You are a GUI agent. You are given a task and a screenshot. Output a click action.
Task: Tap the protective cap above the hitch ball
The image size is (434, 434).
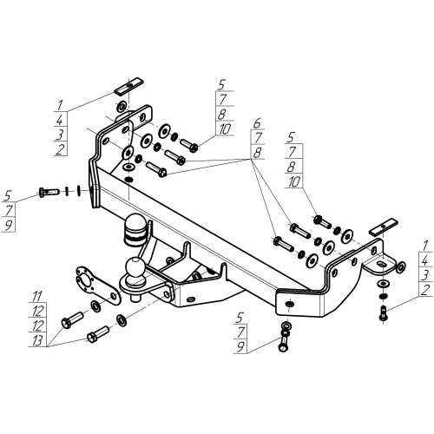coord(136,230)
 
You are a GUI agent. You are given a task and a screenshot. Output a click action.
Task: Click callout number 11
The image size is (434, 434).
coord(37,296)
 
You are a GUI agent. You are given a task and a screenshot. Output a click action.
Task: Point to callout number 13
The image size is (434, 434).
coord(37,340)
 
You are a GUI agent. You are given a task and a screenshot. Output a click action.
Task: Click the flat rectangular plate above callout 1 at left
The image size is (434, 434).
coord(128,86)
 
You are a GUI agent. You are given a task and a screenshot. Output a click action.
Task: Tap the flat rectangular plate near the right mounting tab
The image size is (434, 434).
coord(383,227)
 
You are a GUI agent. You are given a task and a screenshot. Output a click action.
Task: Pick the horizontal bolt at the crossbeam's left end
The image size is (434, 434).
coord(49,192)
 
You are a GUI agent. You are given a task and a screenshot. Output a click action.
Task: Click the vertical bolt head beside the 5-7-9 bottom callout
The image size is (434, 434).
coord(283,346)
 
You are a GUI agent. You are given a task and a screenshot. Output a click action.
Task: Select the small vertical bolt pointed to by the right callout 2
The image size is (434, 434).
coord(383,313)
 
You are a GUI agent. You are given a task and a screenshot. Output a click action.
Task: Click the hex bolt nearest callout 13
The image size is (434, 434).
coord(98,334)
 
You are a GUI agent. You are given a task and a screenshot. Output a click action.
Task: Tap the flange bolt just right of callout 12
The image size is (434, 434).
coord(72,319)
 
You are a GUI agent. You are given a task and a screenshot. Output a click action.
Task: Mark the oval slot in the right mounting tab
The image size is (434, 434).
coord(382,264)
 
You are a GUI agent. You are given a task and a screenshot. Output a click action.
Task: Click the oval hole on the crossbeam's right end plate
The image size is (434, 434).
coord(290,304)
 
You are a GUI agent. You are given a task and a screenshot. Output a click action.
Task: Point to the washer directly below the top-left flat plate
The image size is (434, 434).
coord(122,106)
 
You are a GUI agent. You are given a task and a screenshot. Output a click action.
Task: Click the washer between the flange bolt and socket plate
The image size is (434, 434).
coord(95,306)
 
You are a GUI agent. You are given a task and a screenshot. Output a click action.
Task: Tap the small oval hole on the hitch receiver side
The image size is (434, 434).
coord(191,299)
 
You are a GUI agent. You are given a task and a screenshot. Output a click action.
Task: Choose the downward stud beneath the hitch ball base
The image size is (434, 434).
coord(135,298)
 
